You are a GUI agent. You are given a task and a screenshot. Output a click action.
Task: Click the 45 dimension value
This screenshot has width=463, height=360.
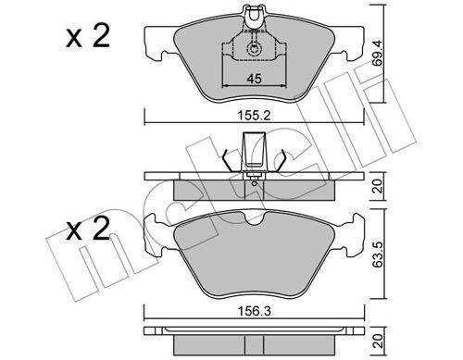tap(252, 80)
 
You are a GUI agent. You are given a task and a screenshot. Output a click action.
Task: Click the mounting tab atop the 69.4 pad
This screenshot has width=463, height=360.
tap(252, 13)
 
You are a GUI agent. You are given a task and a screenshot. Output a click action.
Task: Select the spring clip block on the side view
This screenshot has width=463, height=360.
tap(252, 150)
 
